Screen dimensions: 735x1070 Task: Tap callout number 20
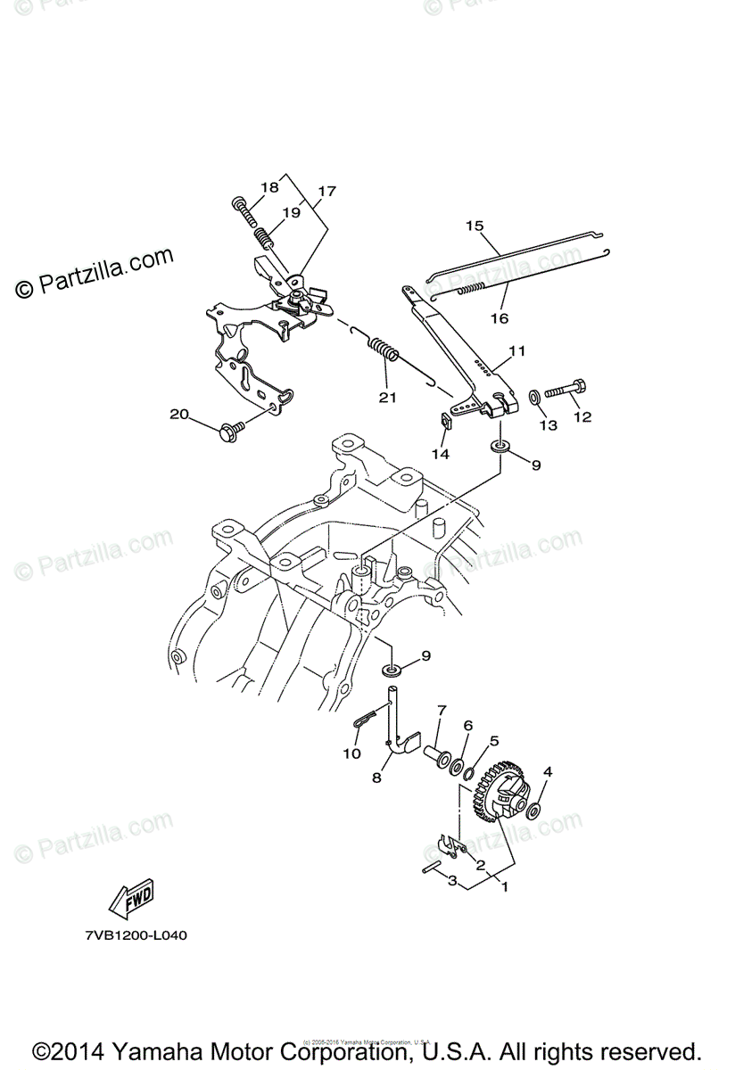[179, 414]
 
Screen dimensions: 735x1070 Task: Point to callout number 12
[582, 416]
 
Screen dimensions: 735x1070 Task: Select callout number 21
[386, 398]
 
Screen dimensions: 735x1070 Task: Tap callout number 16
[498, 318]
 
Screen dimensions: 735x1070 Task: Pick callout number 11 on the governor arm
[518, 351]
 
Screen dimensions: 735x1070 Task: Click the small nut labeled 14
[449, 420]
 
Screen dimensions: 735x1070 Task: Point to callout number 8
[377, 778]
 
